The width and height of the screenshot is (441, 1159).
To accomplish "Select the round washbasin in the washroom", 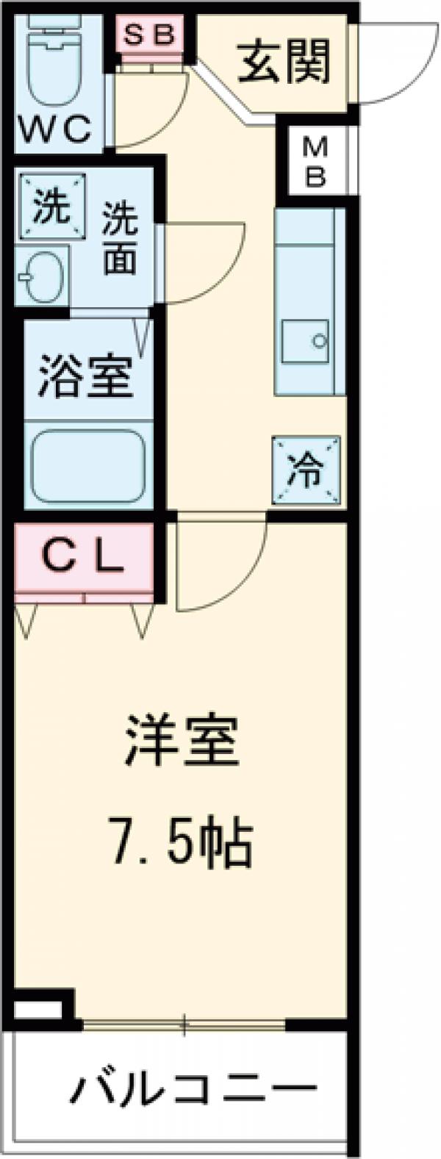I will click(x=41, y=278).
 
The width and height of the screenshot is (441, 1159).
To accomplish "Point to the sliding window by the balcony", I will click(x=184, y=1022).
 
